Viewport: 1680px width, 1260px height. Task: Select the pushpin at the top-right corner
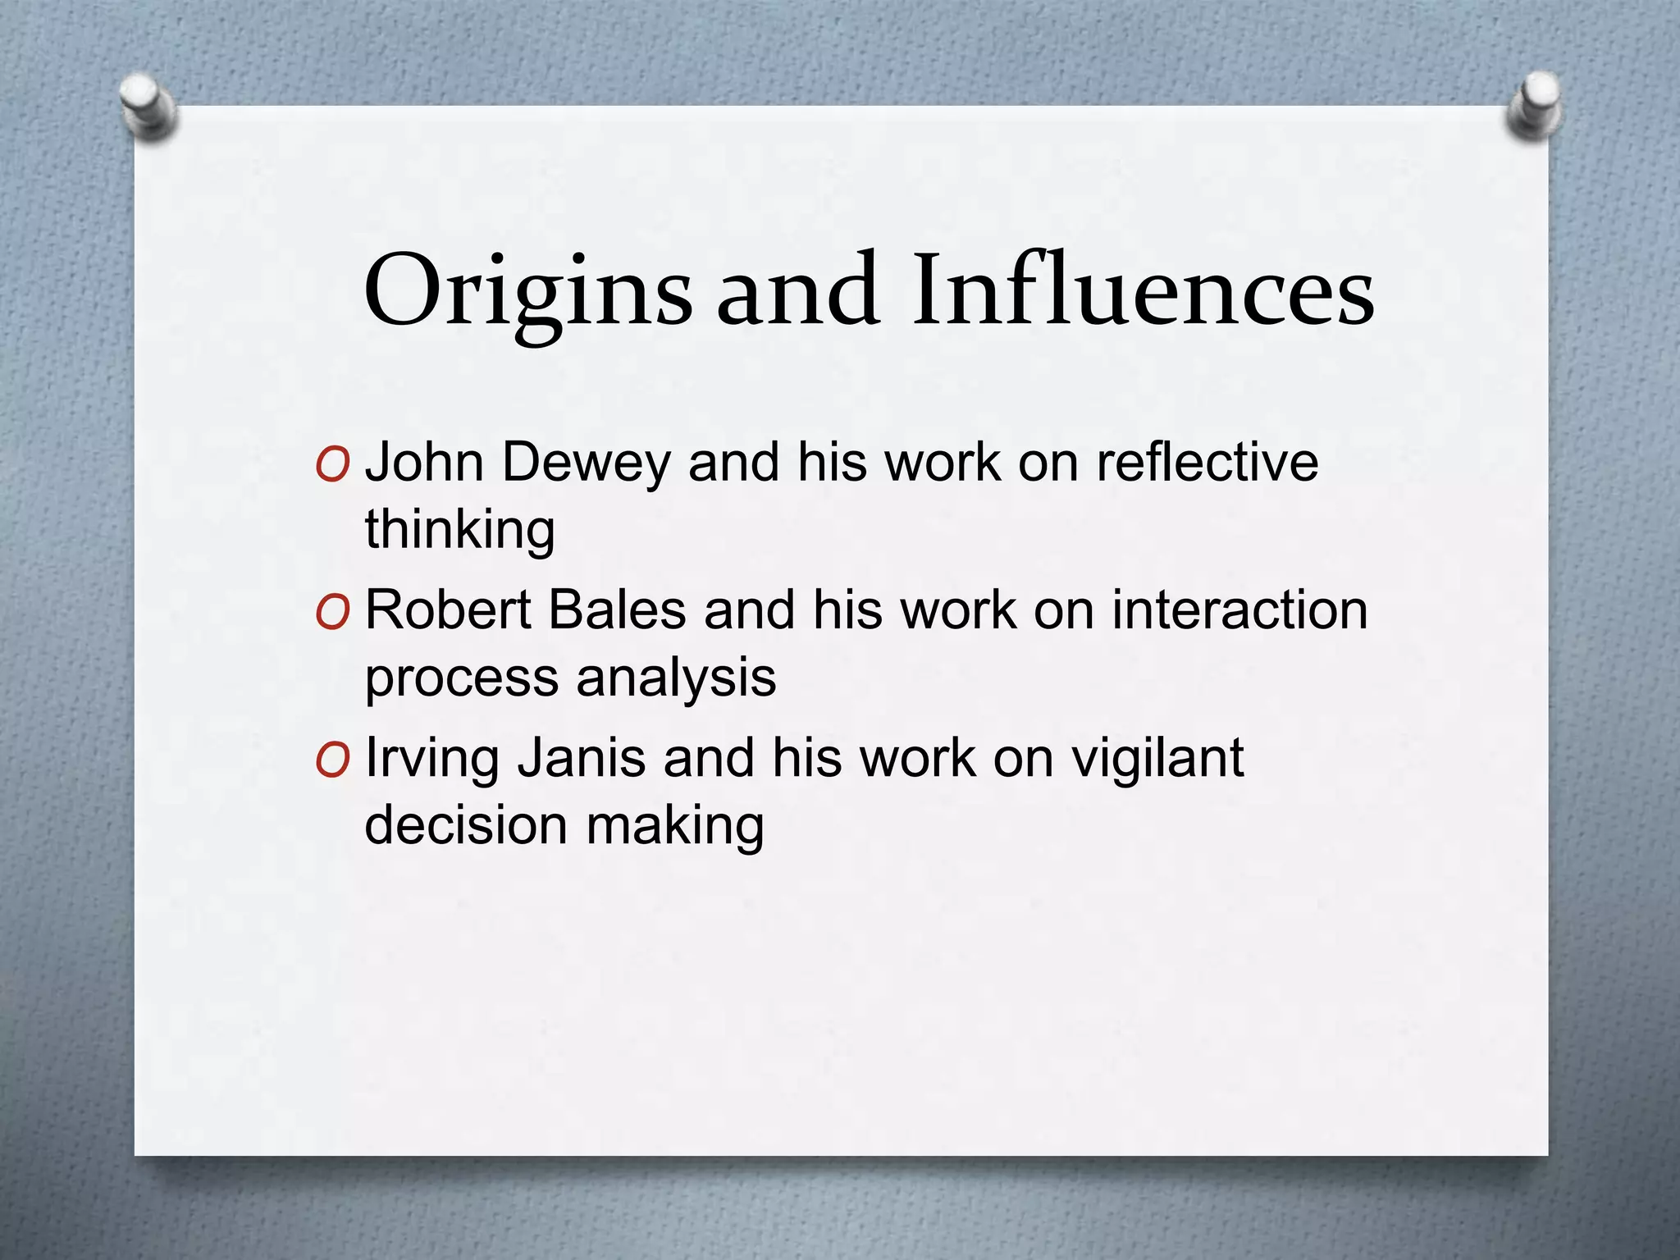(x=1532, y=107)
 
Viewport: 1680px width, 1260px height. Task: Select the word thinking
(x=459, y=530)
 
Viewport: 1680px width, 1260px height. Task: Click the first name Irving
(x=431, y=759)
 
